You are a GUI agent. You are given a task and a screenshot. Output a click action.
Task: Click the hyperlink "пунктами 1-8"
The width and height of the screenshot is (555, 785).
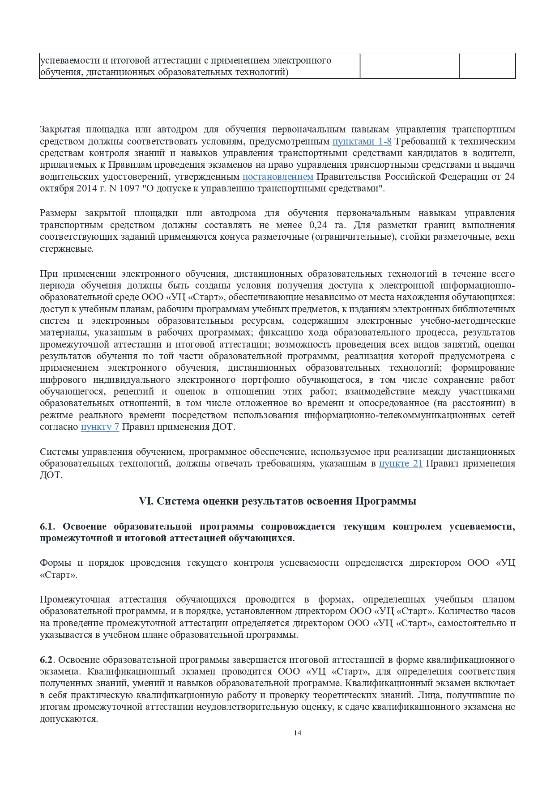[x=362, y=142]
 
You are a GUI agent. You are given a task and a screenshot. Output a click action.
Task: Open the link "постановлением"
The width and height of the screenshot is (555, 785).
[x=278, y=177]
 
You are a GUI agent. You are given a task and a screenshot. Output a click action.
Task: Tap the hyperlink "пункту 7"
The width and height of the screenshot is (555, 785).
[x=100, y=427]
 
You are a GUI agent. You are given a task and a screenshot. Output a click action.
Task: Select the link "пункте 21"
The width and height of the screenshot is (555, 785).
[x=401, y=463]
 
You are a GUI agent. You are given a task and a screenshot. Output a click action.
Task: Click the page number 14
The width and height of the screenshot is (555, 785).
[x=298, y=733]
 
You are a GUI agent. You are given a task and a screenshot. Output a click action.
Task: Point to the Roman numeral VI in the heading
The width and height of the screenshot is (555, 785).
[x=146, y=501]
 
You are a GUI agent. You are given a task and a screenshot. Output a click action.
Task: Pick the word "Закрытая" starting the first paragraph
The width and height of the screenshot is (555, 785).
[x=60, y=130]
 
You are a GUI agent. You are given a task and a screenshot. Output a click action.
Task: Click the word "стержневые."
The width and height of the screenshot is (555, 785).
[x=67, y=249]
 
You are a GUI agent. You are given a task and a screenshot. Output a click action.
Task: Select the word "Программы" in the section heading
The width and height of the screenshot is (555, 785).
[x=386, y=501]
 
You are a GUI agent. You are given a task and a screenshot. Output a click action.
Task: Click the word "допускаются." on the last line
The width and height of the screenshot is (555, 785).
[x=68, y=719]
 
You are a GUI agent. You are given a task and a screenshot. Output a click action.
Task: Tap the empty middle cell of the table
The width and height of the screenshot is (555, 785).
[x=409, y=66]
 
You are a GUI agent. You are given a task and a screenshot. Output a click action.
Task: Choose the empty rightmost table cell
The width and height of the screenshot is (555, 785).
[x=487, y=66]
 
